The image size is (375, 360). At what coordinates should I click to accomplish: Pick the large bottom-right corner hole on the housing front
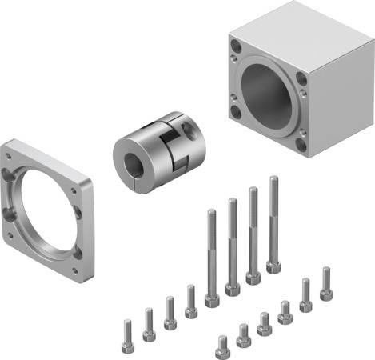pos(300,145)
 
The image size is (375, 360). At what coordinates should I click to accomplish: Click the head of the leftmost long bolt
pos(213,301)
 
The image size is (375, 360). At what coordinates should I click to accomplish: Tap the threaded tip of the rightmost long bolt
pos(273,180)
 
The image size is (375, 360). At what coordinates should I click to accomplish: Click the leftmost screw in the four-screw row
pos(127,330)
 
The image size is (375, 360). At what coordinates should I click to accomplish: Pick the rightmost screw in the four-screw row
pos(191,302)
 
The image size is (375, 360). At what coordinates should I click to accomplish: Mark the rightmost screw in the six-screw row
pos(326,284)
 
